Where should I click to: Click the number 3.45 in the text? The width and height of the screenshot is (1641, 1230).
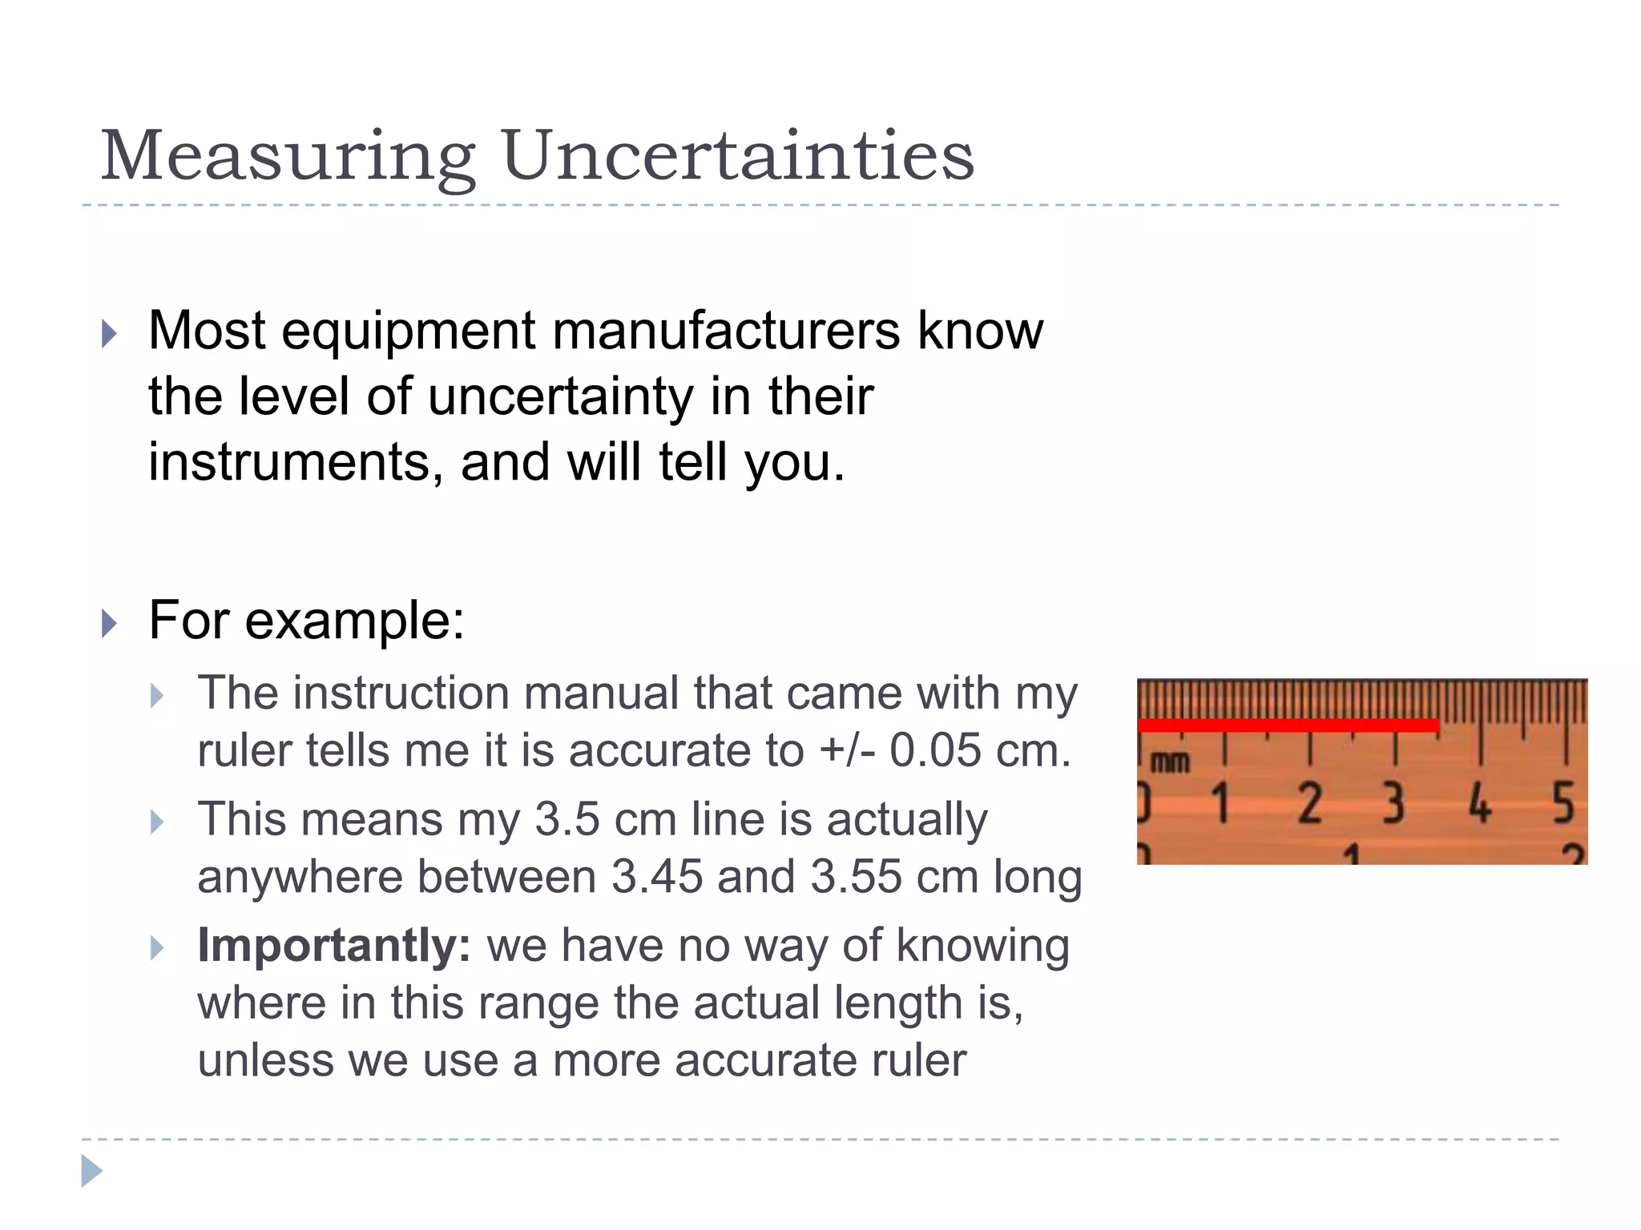(656, 877)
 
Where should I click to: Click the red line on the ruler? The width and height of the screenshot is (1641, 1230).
(1288, 726)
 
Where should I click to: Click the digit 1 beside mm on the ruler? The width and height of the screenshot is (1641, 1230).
(1220, 803)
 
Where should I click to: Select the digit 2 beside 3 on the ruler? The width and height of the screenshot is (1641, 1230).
(1309, 803)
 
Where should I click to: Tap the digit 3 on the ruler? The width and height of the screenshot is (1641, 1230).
(1394, 803)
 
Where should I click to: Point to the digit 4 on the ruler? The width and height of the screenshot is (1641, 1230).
(1480, 803)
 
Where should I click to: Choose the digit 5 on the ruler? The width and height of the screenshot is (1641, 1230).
(1563, 803)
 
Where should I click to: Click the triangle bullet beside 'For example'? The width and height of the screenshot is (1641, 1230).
(110, 622)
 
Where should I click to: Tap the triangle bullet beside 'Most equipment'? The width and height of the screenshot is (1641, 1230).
(110, 333)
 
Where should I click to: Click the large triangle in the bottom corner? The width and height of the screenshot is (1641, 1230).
(91, 1171)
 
